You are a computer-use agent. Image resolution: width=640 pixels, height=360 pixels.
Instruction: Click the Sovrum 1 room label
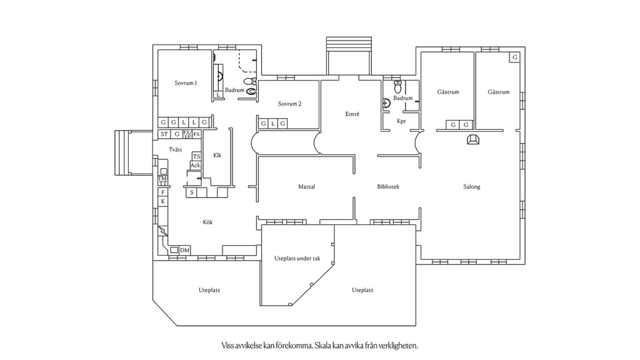[186, 83]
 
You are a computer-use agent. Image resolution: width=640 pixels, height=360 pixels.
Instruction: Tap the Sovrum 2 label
[290, 104]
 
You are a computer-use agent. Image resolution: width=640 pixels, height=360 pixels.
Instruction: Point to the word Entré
[352, 114]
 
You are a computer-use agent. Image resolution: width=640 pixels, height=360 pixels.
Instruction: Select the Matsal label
[306, 186]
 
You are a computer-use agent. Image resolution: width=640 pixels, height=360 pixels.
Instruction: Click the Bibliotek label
[388, 186]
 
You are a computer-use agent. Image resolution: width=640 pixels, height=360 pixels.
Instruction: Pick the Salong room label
[471, 186]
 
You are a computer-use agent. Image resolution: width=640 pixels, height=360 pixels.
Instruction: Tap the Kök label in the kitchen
[207, 222]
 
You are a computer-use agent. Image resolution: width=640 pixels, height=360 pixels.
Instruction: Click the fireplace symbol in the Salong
[473, 139]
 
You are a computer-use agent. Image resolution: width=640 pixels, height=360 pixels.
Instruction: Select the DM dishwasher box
[185, 250]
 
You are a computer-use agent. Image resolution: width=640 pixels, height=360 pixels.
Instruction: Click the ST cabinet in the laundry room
[164, 134]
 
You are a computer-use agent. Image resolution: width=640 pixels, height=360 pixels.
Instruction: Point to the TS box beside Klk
[196, 156]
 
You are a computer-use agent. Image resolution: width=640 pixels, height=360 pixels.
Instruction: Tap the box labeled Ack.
[196, 165]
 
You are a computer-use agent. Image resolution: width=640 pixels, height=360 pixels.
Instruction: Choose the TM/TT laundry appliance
[163, 180]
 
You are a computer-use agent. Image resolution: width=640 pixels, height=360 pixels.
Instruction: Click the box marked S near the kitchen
[191, 192]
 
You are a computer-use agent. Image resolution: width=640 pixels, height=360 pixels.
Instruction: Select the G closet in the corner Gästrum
[515, 57]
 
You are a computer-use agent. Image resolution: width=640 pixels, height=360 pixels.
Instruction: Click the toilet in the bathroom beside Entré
[398, 86]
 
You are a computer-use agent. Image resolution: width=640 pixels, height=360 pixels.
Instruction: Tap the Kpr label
[401, 121]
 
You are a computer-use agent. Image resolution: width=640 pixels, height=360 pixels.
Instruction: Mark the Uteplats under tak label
[297, 258]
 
